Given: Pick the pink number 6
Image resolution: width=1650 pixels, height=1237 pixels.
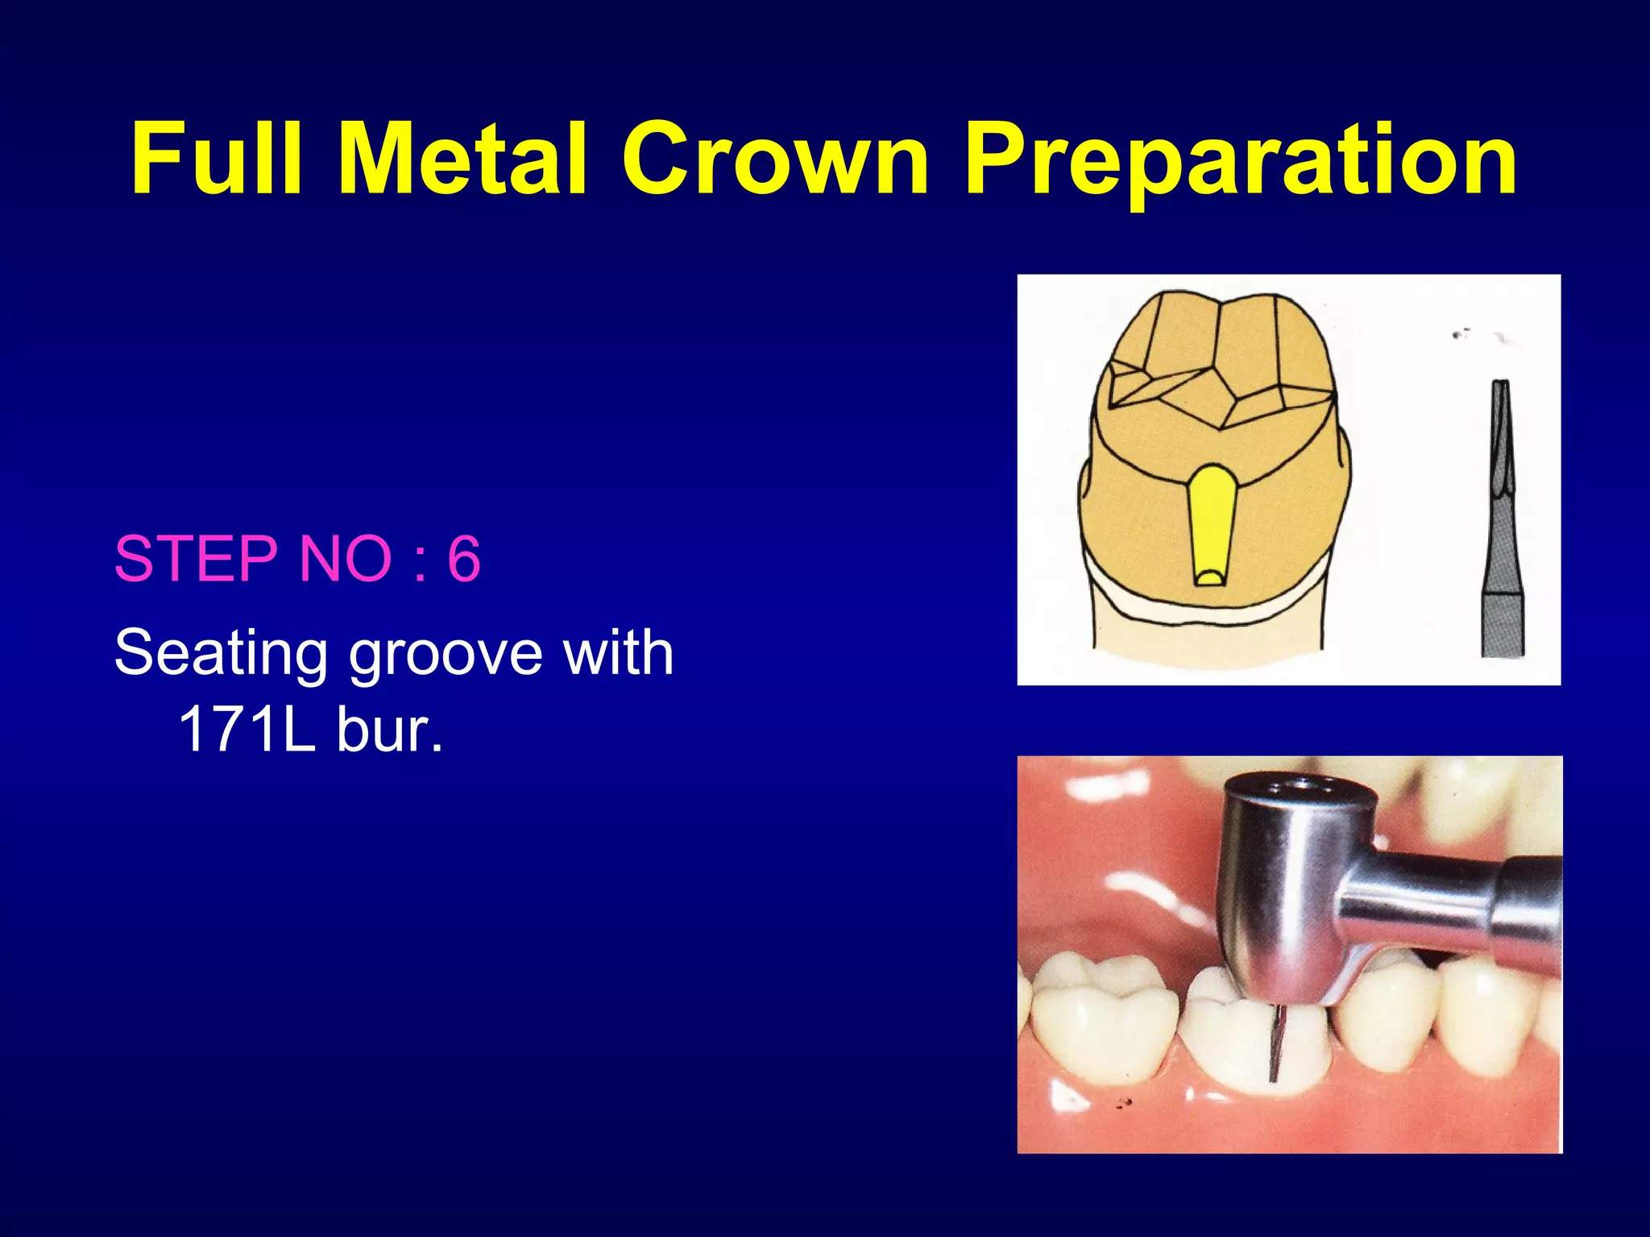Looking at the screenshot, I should [464, 558].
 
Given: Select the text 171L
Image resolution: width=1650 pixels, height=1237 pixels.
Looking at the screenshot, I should [246, 730].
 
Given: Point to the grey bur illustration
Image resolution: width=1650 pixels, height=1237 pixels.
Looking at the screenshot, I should [1502, 523].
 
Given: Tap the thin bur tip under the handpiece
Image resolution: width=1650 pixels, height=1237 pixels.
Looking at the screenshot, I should [1274, 1043].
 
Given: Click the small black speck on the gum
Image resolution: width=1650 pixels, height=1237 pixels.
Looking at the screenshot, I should [1122, 1103].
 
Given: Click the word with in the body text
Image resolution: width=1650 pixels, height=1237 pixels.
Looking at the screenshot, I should [618, 652].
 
